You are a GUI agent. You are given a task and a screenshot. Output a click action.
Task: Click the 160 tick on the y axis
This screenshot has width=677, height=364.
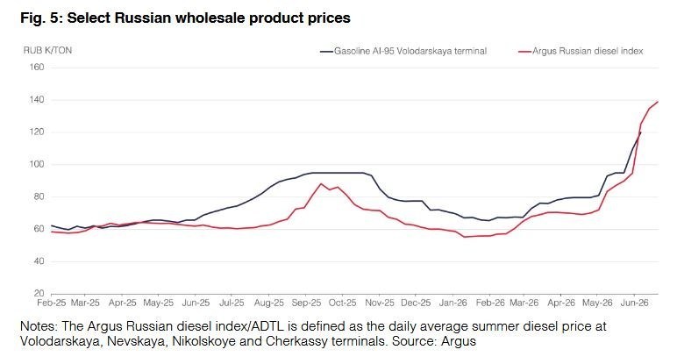[x=37, y=68]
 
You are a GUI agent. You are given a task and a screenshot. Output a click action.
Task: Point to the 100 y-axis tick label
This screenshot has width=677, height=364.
[x=37, y=164]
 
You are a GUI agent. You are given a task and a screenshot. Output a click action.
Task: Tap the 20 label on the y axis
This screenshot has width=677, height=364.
[x=39, y=293]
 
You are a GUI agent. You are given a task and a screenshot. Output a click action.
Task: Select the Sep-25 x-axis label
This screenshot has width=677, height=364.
[x=306, y=303]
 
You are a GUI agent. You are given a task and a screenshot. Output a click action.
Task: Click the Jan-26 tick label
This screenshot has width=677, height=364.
[x=453, y=303]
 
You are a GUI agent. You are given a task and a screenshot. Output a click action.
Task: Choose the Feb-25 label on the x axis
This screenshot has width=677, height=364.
[x=52, y=303]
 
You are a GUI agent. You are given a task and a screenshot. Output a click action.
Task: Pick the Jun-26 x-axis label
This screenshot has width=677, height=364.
[x=634, y=303]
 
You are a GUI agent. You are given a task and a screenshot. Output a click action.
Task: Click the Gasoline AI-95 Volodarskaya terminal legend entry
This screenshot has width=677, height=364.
[x=403, y=51]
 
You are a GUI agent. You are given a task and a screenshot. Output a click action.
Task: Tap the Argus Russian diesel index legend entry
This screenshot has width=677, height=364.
[x=581, y=51]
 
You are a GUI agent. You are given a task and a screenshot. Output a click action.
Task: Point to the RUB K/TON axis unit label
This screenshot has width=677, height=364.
[x=47, y=50]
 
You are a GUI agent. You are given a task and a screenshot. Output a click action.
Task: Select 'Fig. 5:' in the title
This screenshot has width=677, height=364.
[x=42, y=18]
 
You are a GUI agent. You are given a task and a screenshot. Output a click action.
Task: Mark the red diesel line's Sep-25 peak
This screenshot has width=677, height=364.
[x=321, y=183]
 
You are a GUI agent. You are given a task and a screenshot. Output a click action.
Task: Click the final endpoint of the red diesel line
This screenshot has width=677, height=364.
[x=658, y=102]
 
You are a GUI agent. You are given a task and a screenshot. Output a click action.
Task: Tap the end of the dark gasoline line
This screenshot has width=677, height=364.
[x=640, y=132]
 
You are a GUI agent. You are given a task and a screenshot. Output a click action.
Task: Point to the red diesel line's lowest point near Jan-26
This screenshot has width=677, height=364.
[x=465, y=237]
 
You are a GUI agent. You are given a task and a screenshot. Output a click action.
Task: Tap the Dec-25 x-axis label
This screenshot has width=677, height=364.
[x=416, y=303]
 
